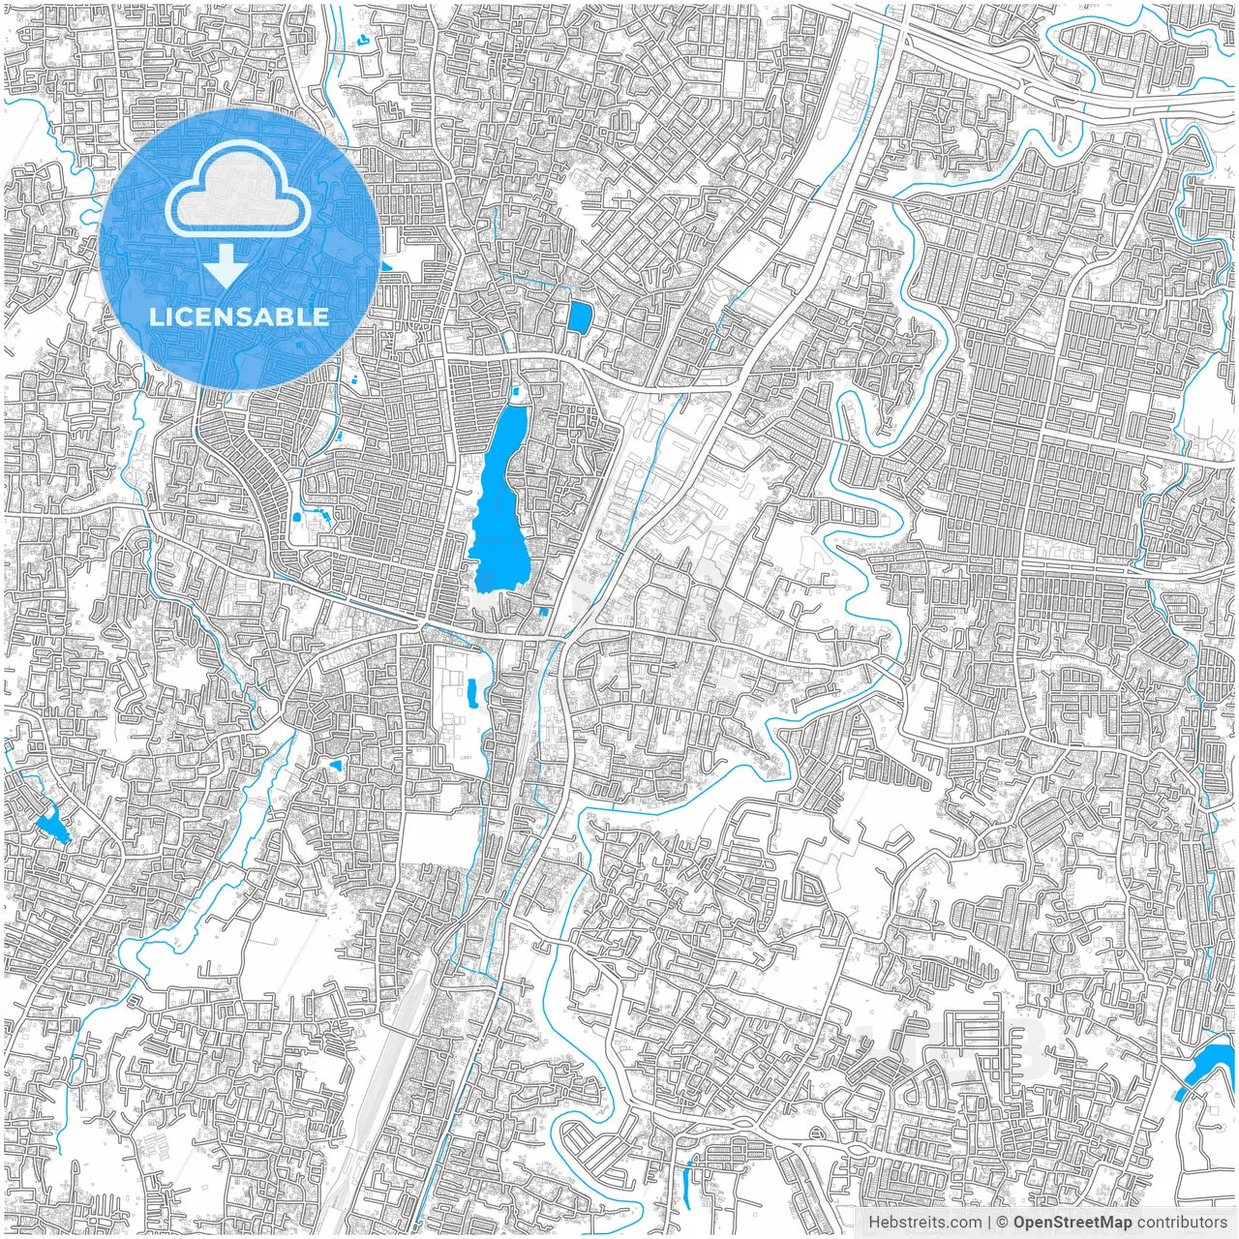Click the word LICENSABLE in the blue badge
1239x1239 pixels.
(x=239, y=317)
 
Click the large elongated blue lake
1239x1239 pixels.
(x=499, y=503)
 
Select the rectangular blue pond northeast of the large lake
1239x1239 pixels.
(x=579, y=317)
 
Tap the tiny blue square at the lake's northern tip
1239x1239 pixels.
(x=515, y=391)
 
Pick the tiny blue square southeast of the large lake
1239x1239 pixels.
(x=543, y=612)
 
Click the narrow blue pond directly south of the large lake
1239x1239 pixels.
(x=471, y=691)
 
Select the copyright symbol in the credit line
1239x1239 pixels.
(x=1004, y=1223)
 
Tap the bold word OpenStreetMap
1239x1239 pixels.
(x=1073, y=1223)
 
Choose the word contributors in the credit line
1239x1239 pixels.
(x=1183, y=1223)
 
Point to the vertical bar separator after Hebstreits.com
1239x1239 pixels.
(x=988, y=1223)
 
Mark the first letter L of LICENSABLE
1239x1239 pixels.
(x=156, y=317)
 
